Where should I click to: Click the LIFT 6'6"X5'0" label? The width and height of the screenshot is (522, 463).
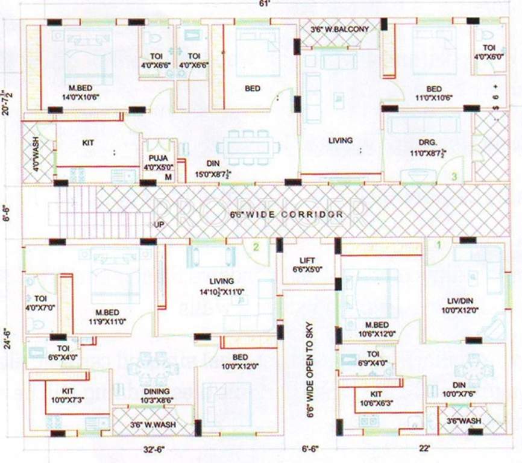pyautogui.click(x=308, y=263)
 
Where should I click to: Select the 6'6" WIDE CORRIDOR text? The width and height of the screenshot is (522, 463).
pyautogui.click(x=287, y=214)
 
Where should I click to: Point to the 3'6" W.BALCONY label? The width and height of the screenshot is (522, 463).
pyautogui.click(x=340, y=28)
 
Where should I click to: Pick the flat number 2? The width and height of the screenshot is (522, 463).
pyautogui.click(x=256, y=247)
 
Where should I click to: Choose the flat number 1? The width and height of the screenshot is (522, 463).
pyautogui.click(x=439, y=245)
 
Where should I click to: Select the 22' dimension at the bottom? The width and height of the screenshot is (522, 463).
pyautogui.click(x=424, y=448)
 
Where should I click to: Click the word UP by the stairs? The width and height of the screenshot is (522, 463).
pyautogui.click(x=159, y=224)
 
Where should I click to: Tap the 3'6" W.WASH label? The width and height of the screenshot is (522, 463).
pyautogui.click(x=153, y=424)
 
